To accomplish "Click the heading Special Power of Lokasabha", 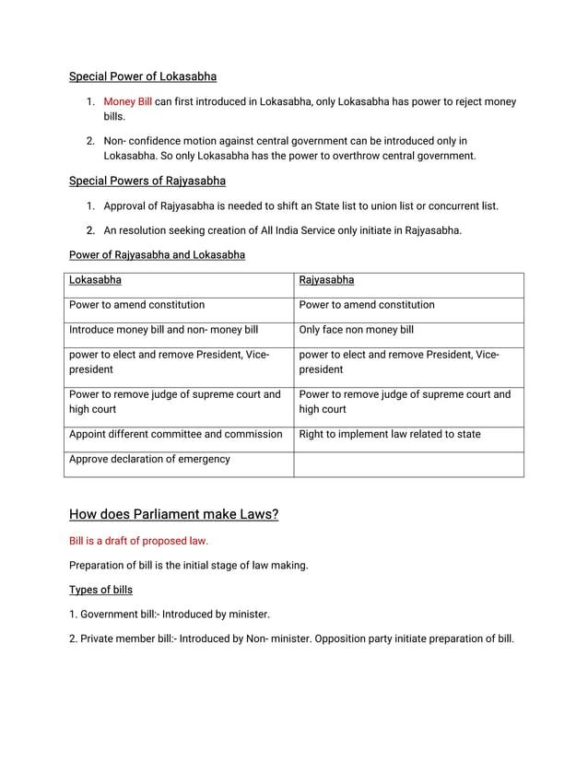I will click(x=143, y=76).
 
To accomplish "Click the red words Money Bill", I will click(x=127, y=101).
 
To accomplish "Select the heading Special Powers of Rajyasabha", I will click(x=147, y=181).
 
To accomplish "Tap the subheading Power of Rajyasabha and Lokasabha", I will click(x=157, y=254).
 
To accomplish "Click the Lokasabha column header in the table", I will click(x=95, y=279).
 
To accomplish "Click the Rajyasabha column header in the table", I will click(x=326, y=279).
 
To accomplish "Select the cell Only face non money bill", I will click(x=357, y=329).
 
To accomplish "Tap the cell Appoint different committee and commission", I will click(x=175, y=434).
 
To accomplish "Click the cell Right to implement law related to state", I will click(x=390, y=434).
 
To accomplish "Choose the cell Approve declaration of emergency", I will click(x=149, y=459).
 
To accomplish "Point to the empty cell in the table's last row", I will click(x=408, y=463).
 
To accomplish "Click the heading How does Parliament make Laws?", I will click(x=173, y=514).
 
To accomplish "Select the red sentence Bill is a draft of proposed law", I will click(x=138, y=541).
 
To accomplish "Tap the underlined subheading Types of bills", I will click(x=100, y=590).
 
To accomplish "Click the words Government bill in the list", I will click(x=119, y=614).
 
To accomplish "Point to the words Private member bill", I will click(x=126, y=638).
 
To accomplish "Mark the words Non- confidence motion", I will click(x=162, y=141).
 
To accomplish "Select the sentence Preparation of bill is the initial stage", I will click(x=188, y=565).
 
